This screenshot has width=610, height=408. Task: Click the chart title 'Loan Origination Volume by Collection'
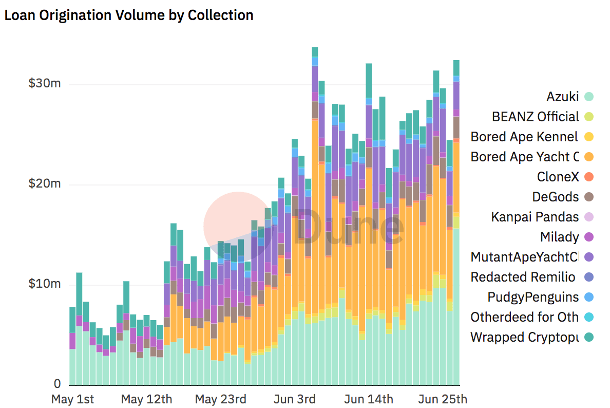click(x=129, y=15)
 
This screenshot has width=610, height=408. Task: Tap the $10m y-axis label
click(x=45, y=284)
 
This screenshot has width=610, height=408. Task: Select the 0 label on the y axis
click(x=57, y=384)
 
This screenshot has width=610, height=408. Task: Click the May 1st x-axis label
click(x=73, y=399)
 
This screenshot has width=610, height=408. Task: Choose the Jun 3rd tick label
click(x=295, y=399)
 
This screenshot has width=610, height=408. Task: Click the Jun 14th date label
click(x=369, y=399)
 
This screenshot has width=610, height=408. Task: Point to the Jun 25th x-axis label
click(x=443, y=399)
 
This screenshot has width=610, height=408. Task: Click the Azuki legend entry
click(x=562, y=97)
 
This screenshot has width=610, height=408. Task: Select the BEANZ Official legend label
click(x=535, y=117)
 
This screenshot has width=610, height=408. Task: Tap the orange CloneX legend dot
click(x=589, y=177)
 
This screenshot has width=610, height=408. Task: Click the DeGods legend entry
click(x=555, y=197)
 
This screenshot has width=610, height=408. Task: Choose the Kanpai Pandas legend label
click(x=535, y=217)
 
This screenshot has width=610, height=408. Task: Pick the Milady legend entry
click(x=559, y=237)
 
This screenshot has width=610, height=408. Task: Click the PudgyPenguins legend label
click(x=533, y=297)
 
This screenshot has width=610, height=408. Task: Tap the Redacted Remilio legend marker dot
click(x=589, y=277)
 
